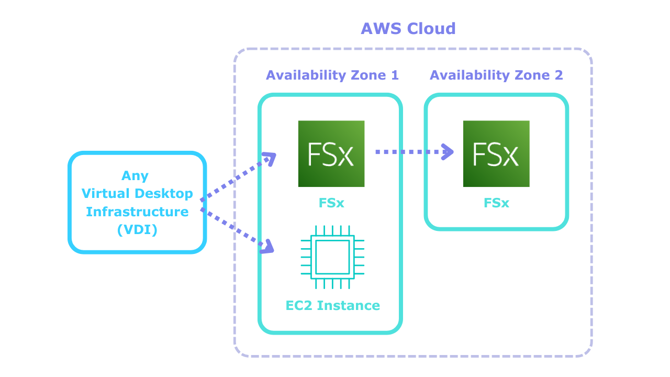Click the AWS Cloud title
pyautogui.click(x=408, y=28)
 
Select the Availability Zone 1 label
pyautogui.click(x=332, y=75)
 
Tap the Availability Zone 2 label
pyautogui.click(x=496, y=75)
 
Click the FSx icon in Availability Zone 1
pyautogui.click(x=331, y=154)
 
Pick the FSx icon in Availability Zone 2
pyautogui.click(x=496, y=154)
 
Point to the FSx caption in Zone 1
pyautogui.click(x=331, y=203)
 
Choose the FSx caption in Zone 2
pyautogui.click(x=496, y=203)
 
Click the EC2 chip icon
pyautogui.click(x=332, y=257)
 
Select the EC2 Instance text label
pyautogui.click(x=333, y=305)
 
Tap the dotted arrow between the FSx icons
pyautogui.click(x=408, y=152)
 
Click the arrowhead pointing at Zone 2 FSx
pyautogui.click(x=448, y=152)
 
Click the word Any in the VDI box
pyautogui.click(x=135, y=175)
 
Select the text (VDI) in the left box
pyautogui.click(x=137, y=229)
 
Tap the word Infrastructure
pyautogui.click(x=137, y=212)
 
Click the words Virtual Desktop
pyautogui.click(x=137, y=194)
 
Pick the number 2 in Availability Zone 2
pyautogui.click(x=559, y=75)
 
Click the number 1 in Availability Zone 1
pyautogui.click(x=395, y=75)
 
